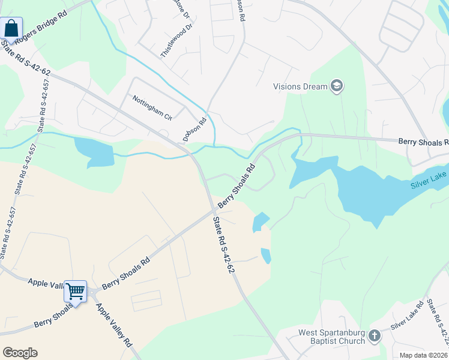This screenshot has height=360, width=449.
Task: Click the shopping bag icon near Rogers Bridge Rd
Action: pyautogui.click(x=11, y=28)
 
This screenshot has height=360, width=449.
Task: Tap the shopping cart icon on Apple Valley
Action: pyautogui.click(x=76, y=292)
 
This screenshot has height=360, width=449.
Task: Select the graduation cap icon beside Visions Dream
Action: pyautogui.click(x=337, y=86)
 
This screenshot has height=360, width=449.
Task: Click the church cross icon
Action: pyautogui.click(x=375, y=336)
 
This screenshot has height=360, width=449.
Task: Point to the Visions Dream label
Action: pyautogui.click(x=300, y=86)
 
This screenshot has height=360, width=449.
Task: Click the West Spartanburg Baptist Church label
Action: pyautogui.click(x=332, y=337)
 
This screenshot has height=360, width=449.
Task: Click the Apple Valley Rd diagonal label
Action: pyautogui.click(x=114, y=325)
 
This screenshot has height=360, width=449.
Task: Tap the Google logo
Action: pyautogui.click(x=20, y=353)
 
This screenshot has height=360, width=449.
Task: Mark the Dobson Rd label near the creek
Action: pyautogui.click(x=194, y=128)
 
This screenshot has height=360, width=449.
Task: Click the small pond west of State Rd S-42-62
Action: pyautogui.click(x=94, y=151)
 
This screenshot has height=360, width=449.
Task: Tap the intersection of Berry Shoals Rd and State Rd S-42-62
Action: pyautogui.click(x=214, y=211)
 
